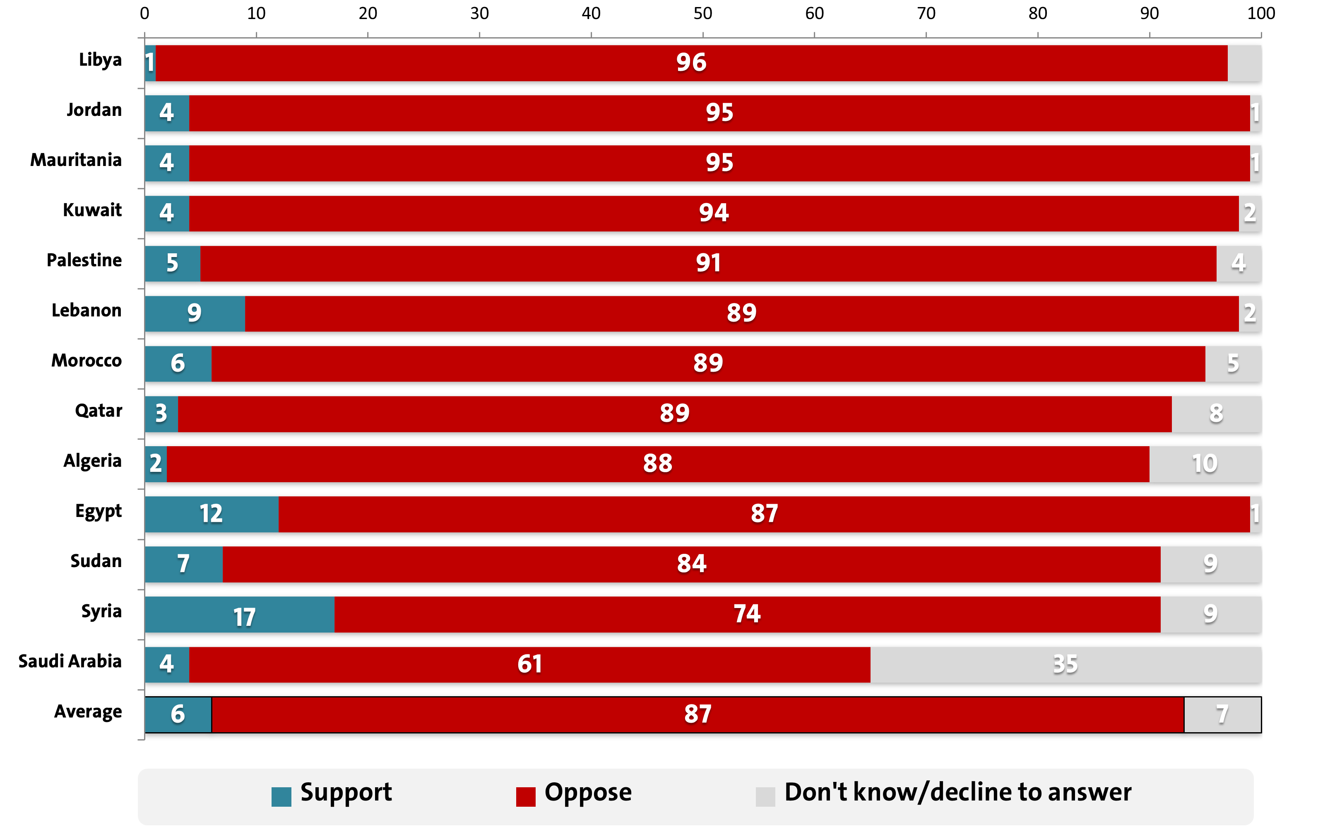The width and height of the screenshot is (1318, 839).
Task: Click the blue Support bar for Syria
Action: [239, 615]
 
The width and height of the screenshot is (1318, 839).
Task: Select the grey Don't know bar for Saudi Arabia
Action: [1065, 664]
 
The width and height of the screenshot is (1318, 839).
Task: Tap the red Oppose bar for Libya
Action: [691, 63]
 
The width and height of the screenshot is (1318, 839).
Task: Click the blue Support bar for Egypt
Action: [211, 514]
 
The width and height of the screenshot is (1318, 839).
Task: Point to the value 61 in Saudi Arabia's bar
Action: [529, 664]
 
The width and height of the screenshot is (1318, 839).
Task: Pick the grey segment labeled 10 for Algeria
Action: [1205, 464]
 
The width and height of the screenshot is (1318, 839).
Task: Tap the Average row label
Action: [88, 712]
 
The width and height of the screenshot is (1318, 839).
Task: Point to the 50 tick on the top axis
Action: [703, 13]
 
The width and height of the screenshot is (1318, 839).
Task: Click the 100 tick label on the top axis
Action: [1260, 13]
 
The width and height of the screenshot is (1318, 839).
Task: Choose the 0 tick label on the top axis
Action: [144, 13]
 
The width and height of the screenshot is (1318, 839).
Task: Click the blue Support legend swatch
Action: [281, 796]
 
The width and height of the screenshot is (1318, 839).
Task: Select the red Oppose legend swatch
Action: [525, 796]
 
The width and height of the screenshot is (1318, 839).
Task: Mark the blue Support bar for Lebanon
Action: [194, 314]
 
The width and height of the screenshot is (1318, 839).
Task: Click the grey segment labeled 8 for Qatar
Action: [1216, 414]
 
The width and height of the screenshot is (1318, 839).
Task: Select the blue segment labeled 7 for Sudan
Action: [183, 564]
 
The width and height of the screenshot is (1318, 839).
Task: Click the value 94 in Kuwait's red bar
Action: [713, 214]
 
